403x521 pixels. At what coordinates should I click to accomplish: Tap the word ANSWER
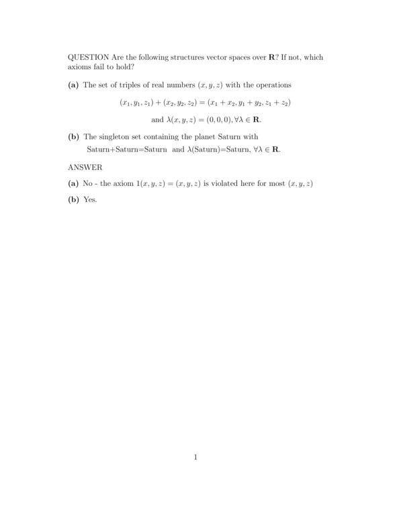coord(85,167)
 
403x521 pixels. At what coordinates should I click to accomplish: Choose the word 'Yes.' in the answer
coord(90,199)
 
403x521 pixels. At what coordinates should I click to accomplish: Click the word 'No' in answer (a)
coord(87,184)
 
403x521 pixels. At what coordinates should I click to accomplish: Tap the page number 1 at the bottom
coord(195,458)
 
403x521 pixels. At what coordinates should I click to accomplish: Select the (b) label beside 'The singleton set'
coord(73,137)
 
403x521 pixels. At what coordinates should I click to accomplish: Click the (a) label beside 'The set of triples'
coord(73,86)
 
